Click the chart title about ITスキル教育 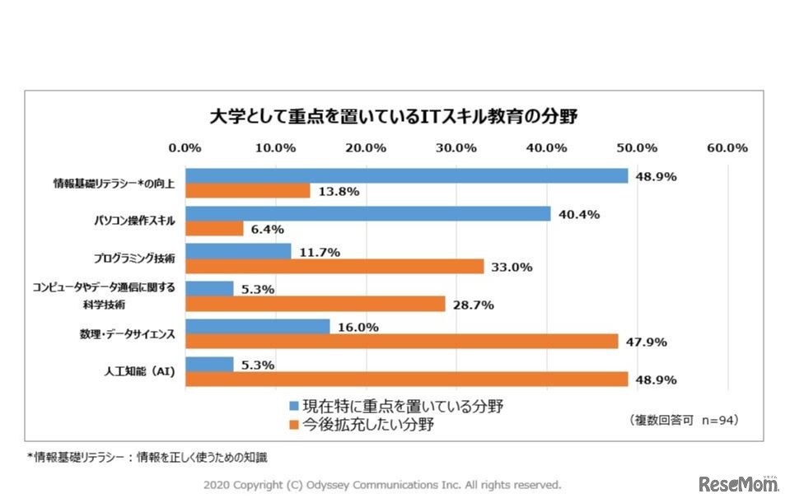point(394,116)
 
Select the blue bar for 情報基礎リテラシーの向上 point(406,176)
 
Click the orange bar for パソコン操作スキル point(214,229)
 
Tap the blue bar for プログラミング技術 point(238,251)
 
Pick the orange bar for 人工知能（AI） point(406,380)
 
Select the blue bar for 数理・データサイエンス point(257,327)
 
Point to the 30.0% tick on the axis point(456,148)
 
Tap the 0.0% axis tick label point(185,148)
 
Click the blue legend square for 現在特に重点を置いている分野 point(293,406)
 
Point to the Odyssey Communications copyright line point(382,484)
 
